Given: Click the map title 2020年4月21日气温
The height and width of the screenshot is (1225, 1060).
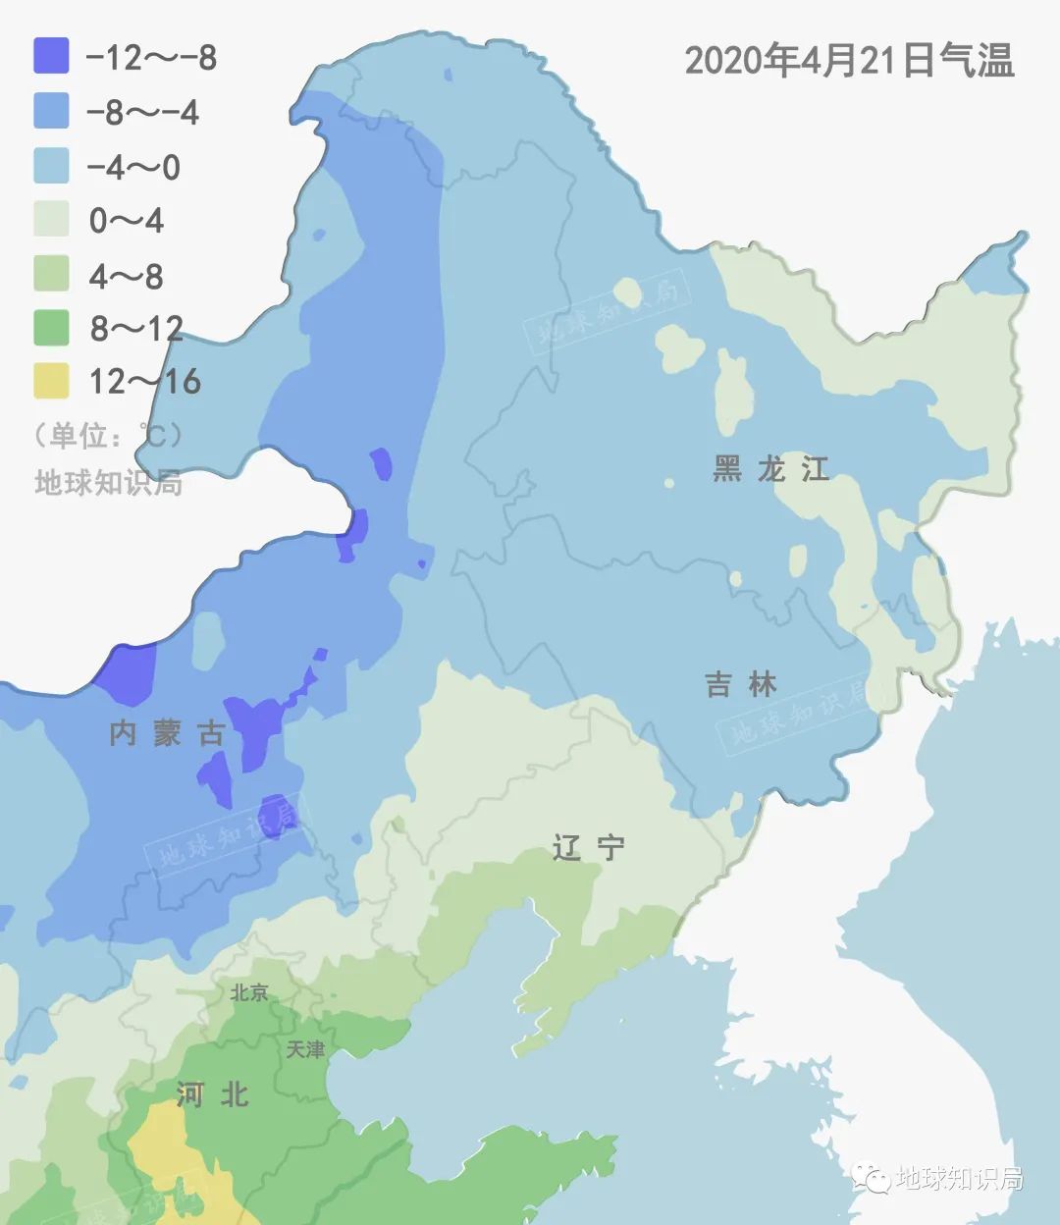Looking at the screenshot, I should [x=849, y=61].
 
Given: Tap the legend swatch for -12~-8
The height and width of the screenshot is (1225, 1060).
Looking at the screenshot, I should [x=51, y=56].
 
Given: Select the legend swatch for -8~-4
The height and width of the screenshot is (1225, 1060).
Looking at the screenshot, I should [x=51, y=111].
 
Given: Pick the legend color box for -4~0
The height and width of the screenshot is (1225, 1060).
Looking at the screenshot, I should [x=51, y=165].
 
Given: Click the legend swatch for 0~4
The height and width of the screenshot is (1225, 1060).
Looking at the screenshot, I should [x=51, y=219].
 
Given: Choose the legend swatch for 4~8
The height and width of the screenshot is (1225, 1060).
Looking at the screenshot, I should [x=51, y=274].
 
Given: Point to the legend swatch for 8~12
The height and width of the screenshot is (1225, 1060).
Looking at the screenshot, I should [x=51, y=328].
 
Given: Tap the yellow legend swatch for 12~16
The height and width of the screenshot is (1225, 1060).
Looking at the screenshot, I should [x=51, y=381].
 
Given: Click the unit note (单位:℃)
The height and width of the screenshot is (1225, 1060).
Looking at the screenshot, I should [x=107, y=434].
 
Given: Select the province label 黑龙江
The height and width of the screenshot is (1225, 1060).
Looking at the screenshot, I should [x=771, y=469].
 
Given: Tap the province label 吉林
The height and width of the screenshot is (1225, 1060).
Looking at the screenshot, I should [x=741, y=684].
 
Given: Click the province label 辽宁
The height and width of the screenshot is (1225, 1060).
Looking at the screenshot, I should [x=588, y=847].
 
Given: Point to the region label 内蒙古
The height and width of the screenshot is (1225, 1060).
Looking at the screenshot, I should [x=168, y=733].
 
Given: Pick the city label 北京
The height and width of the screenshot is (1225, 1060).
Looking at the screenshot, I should [x=249, y=992].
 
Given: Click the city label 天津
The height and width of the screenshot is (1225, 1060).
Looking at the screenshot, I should [x=305, y=1049].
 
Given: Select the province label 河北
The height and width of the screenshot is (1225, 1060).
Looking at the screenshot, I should [x=212, y=1094].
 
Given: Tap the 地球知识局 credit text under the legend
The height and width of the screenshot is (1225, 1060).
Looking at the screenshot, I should [x=108, y=483].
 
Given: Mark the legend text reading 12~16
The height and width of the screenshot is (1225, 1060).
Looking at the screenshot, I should [x=144, y=381].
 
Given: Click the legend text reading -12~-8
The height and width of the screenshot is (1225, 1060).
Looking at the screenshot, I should [x=151, y=57].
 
